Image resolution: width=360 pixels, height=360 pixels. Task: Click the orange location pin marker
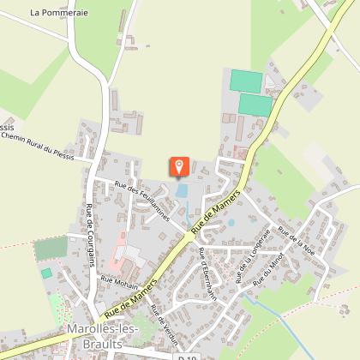(x=179, y=165)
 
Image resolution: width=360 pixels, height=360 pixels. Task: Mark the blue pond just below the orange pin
(x=182, y=190)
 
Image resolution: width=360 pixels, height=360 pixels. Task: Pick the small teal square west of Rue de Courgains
(x=46, y=273)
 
